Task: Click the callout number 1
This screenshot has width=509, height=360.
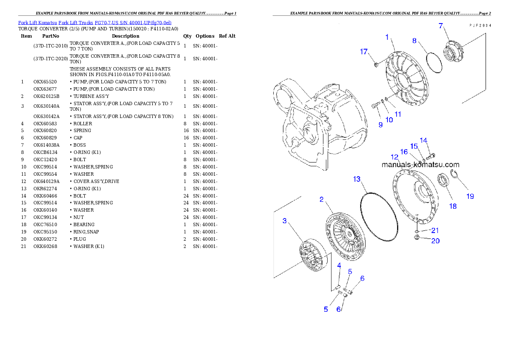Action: [387, 37]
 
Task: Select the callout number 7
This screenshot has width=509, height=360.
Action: [441, 26]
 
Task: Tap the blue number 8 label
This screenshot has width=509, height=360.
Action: [414, 41]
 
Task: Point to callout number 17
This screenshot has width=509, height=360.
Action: [364, 52]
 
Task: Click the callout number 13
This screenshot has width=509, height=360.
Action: [357, 179]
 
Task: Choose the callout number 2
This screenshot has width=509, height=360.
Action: [321, 199]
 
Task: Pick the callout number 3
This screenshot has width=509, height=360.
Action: [284, 221]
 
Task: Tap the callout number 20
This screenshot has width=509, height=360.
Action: [435, 241]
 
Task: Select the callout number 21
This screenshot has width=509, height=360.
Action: [435, 230]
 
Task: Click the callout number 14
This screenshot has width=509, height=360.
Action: [423, 140]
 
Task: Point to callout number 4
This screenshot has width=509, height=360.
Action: [339, 266]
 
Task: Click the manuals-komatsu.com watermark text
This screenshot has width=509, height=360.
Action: [420, 165]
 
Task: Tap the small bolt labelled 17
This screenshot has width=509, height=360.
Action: [376, 65]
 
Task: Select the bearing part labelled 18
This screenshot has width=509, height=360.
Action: [444, 180]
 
